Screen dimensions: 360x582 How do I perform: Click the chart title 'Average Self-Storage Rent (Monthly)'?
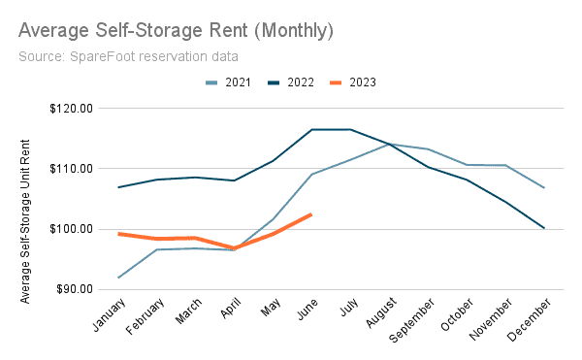[176, 30]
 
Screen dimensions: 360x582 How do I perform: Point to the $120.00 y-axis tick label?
[70, 109]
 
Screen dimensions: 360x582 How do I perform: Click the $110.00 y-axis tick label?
[70, 169]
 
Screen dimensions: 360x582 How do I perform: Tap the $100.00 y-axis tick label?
[70, 229]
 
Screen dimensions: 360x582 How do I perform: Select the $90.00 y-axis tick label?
[73, 289]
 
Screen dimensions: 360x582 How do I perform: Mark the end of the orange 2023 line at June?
[310, 214]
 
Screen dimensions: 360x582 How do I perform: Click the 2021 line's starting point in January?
[118, 278]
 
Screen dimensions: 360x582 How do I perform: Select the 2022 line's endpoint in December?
[544, 228]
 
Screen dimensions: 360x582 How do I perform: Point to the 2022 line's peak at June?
[311, 129]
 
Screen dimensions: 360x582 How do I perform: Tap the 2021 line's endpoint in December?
[544, 188]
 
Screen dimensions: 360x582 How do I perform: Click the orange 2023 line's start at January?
[118, 234]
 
